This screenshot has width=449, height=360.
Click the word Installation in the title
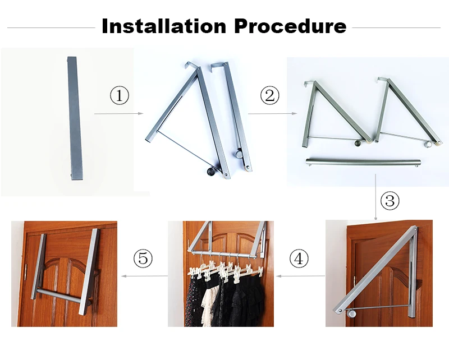(x=163, y=26)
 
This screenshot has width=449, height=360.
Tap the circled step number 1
(x=119, y=96)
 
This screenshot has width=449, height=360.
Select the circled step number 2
(x=270, y=96)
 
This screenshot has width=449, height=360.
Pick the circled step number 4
(x=299, y=259)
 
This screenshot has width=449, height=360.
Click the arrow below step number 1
(x=118, y=114)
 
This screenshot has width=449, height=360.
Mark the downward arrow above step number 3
(x=375, y=196)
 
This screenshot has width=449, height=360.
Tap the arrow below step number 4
(x=301, y=276)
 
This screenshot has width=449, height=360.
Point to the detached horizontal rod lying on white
(x=364, y=163)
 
